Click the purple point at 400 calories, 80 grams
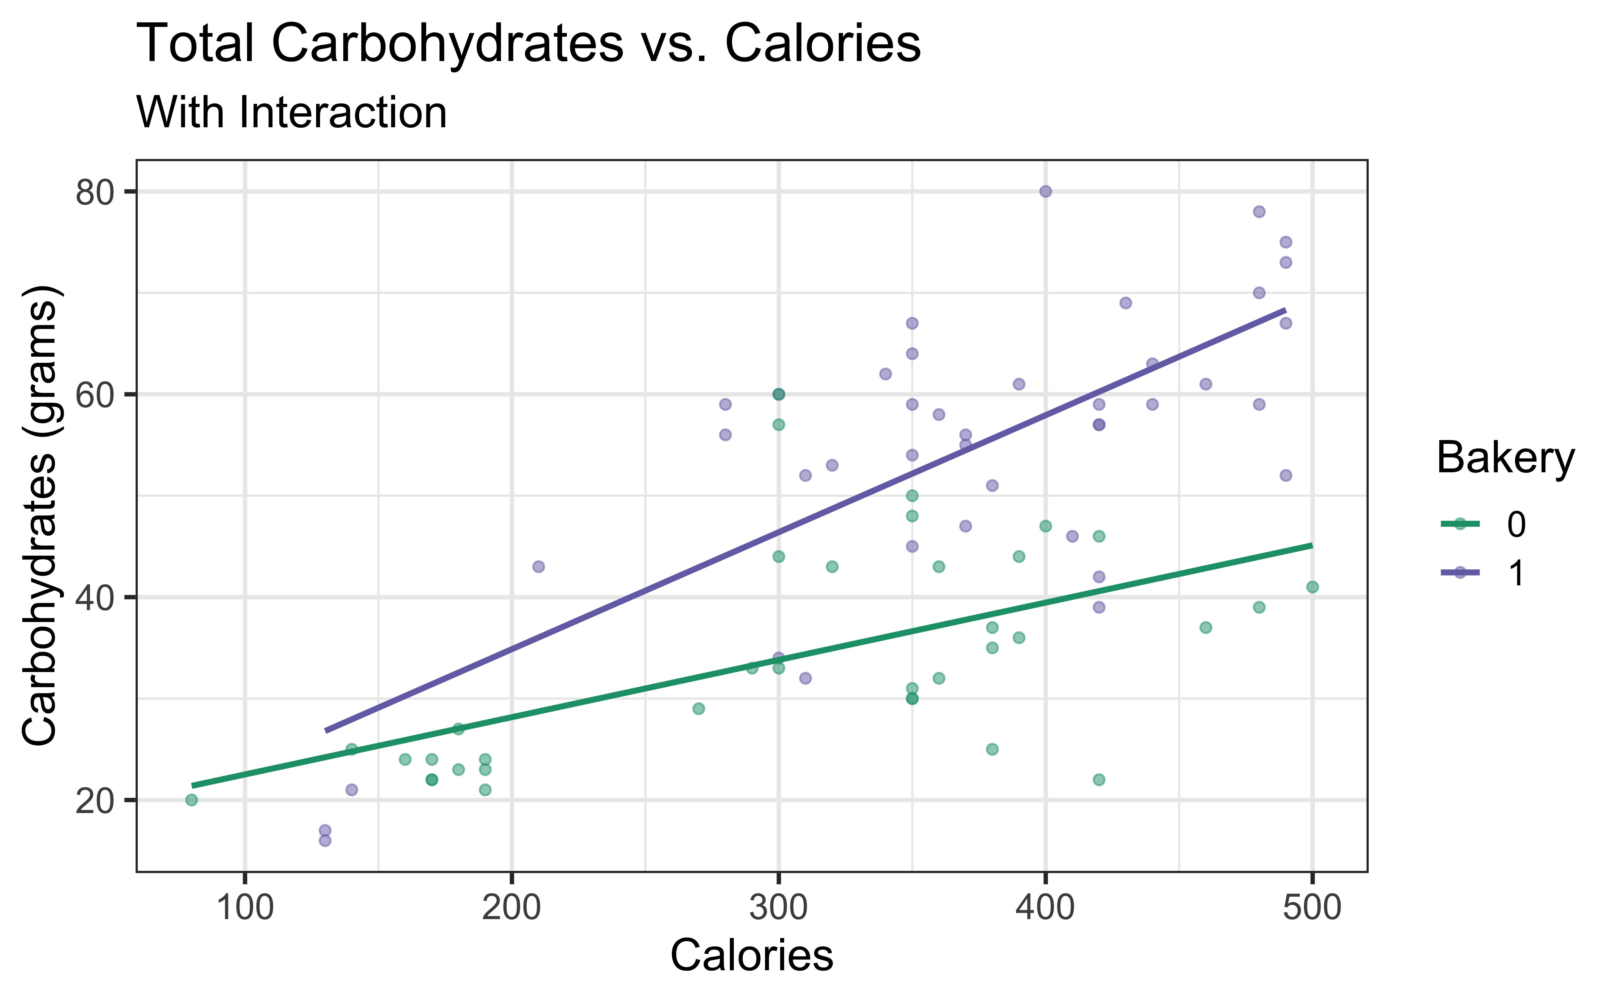click(x=1045, y=191)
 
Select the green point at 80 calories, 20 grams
click(x=191, y=800)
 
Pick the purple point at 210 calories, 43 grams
click(x=539, y=567)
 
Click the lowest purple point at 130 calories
click(x=325, y=840)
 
